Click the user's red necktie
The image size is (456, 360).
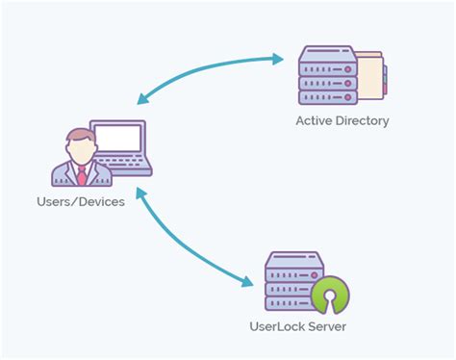tap(81, 175)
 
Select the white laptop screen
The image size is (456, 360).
tap(116, 141)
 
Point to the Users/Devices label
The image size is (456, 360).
tap(81, 202)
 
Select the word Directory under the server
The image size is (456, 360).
tap(363, 120)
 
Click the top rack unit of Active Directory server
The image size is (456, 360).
tap(326, 57)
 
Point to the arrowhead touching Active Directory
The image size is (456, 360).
tap(278, 59)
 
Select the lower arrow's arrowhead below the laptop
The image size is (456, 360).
tap(141, 195)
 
